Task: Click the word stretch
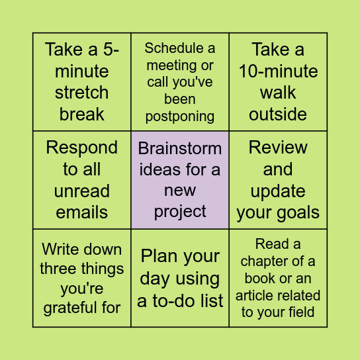pos(82,93)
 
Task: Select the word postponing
pos(180,116)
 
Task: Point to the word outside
pos(278,114)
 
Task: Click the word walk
pos(278,93)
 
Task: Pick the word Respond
pos(82,148)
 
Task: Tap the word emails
pos(82,212)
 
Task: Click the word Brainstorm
pos(180,148)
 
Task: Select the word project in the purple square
pos(180,212)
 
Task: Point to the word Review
pos(278,148)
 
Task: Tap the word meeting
pos(171,66)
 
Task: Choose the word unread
pos(82,191)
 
